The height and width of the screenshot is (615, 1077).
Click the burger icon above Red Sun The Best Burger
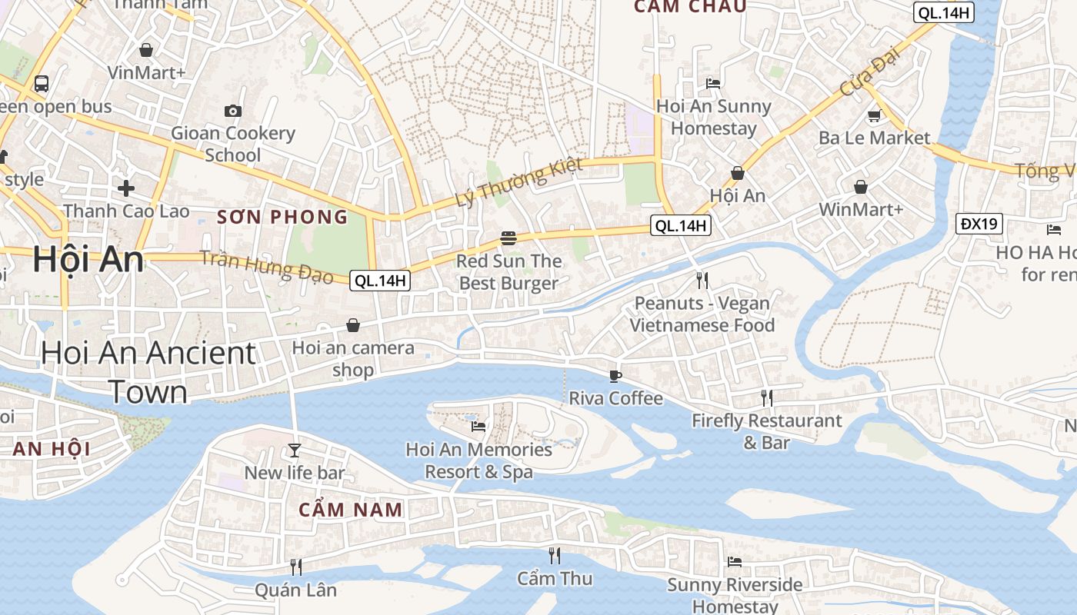click(508, 238)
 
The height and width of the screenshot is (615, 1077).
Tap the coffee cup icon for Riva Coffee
click(615, 375)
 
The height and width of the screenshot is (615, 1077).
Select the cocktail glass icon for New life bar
click(294, 450)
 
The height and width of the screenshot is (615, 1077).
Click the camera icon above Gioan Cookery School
click(232, 111)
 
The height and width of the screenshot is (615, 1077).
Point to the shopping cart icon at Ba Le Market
click(874, 116)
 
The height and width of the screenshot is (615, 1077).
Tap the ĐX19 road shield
click(979, 224)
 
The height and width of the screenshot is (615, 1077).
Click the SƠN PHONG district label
click(282, 217)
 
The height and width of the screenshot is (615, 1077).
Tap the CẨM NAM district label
click(351, 509)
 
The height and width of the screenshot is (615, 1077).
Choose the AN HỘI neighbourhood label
click(52, 449)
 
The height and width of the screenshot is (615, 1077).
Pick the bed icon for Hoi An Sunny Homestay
click(713, 83)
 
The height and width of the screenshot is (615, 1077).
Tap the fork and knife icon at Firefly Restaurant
click(766, 397)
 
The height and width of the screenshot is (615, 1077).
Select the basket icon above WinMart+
click(860, 187)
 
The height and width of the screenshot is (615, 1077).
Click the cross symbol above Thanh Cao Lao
click(126, 188)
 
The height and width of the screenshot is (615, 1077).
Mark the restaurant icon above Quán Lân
click(295, 567)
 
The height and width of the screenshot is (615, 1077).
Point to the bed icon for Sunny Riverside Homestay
click(735, 562)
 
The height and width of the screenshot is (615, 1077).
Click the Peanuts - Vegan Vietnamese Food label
click(702, 314)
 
